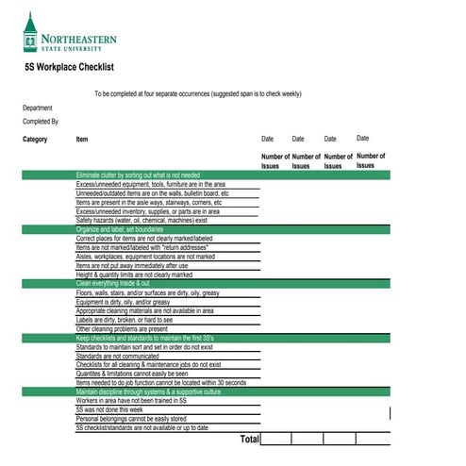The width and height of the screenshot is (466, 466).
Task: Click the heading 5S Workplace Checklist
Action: tap(69, 67)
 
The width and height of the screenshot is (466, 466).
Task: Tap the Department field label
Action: tap(38, 108)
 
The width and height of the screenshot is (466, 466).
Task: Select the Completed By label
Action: tap(41, 122)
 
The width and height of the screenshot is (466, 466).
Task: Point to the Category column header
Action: tap(35, 140)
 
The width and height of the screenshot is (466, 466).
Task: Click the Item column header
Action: tap(82, 140)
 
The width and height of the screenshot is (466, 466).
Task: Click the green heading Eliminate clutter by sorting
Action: tap(138, 175)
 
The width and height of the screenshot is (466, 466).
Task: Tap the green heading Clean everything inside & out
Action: tap(112, 283)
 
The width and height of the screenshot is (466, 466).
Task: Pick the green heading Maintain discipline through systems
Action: tap(148, 391)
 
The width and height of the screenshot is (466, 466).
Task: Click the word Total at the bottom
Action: tap(249, 440)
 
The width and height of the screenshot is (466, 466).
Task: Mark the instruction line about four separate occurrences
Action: tap(198, 94)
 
